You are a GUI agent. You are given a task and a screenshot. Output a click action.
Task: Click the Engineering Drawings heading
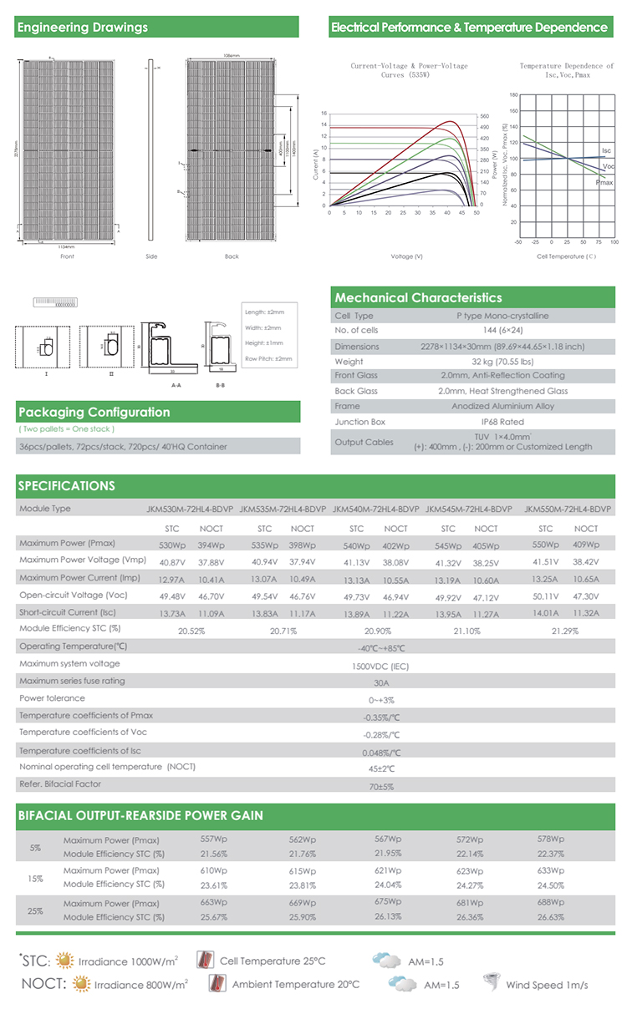tap(83, 28)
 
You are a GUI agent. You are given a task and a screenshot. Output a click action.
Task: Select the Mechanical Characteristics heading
tap(418, 297)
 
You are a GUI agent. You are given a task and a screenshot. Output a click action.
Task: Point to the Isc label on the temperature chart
tap(606, 150)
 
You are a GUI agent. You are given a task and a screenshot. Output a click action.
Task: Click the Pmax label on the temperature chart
tap(604, 182)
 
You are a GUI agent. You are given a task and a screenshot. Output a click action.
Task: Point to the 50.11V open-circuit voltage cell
tap(545, 596)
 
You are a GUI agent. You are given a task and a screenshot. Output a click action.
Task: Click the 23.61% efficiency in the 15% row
tap(214, 885)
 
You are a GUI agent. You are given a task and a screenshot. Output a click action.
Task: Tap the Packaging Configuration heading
tap(94, 412)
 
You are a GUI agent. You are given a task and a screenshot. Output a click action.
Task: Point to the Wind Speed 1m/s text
tap(547, 985)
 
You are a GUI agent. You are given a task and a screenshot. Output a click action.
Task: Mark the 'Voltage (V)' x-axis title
tap(406, 256)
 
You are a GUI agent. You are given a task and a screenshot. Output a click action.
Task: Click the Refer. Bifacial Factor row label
tap(60, 784)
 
